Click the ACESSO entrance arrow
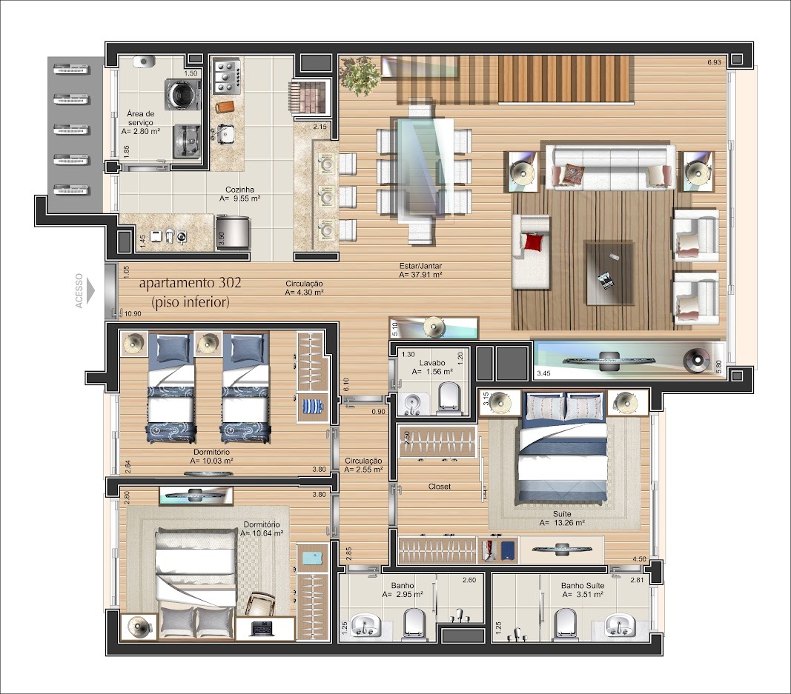pos(90,291)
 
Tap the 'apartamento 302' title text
pos(191,284)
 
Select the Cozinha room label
pos(239,190)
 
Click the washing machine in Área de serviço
pos(182,93)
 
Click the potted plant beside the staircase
pos(360,75)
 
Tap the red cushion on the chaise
pos(535,241)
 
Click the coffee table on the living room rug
pos(609,273)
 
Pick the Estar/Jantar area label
pos(421,270)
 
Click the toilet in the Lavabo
pos(449,398)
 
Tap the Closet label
pos(440,487)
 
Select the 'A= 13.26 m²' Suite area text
pos(562,523)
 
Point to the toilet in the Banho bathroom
pos(414,624)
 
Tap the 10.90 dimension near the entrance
pos(133,313)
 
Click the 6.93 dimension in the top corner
pos(715,62)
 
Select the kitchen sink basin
pos(226,133)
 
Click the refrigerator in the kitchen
pos(233,232)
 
